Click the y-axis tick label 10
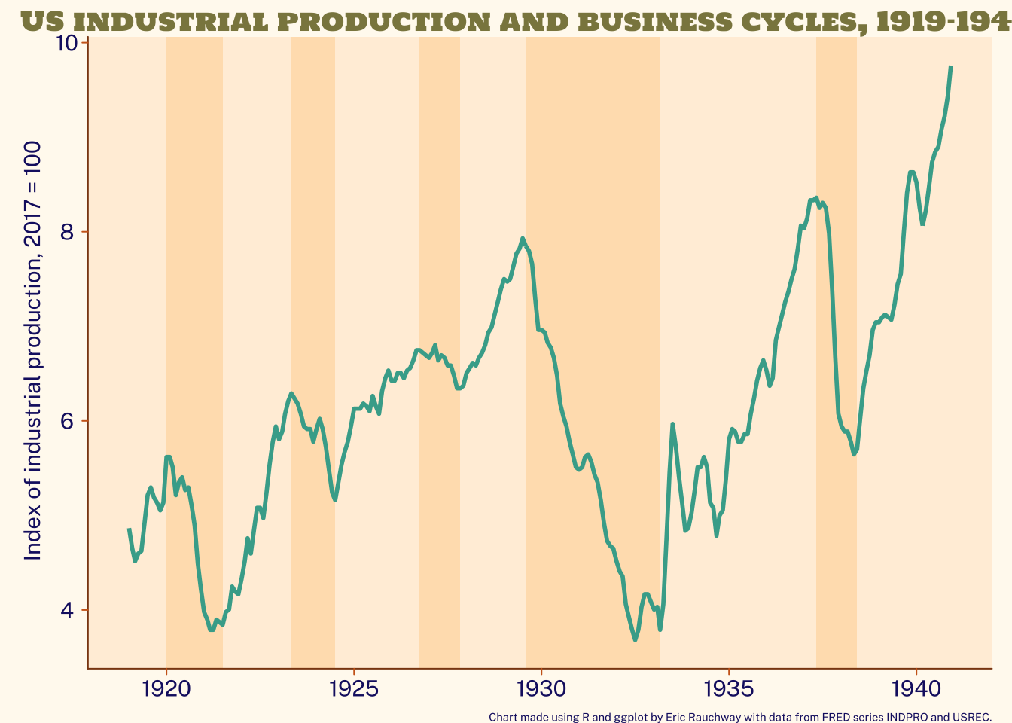[x=68, y=44]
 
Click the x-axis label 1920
[x=166, y=688]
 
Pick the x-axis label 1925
[x=354, y=688]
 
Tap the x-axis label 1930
[x=541, y=688]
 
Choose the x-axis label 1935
[x=728, y=688]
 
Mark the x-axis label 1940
[x=916, y=688]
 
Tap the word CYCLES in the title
[x=803, y=21]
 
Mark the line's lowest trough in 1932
[x=636, y=639]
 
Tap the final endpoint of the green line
[x=951, y=66]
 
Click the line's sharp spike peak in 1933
[x=672, y=424]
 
